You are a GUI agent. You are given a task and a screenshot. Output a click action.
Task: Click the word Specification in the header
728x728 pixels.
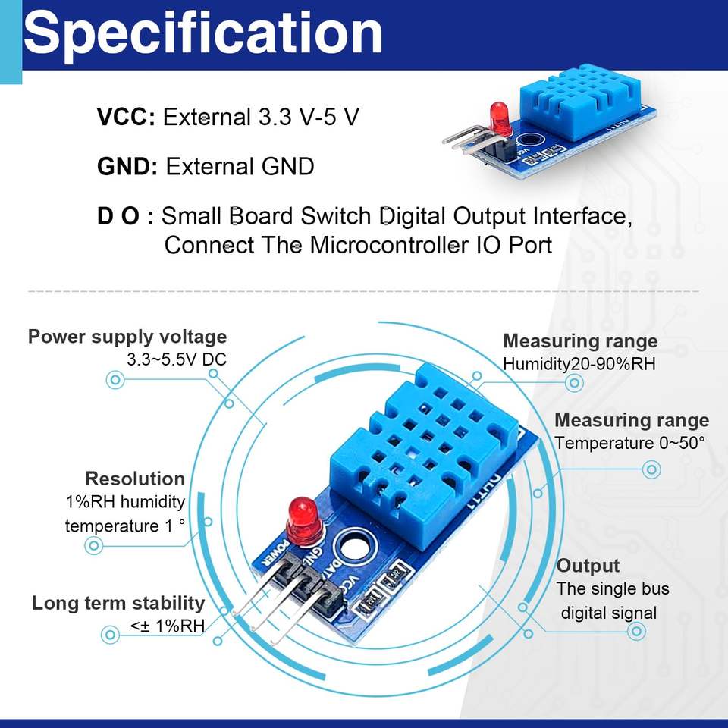point(203,34)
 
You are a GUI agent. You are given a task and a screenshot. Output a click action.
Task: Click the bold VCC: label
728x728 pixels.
point(126,116)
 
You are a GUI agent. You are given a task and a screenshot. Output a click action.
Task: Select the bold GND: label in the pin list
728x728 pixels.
point(127,166)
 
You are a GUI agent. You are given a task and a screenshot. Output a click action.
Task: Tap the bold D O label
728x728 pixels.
point(125,216)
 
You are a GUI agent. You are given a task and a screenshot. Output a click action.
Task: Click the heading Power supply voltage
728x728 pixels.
point(127,337)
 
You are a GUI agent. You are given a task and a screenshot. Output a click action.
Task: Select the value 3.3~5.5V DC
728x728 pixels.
point(177,359)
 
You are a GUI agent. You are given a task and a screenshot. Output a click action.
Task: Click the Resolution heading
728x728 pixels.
point(135,479)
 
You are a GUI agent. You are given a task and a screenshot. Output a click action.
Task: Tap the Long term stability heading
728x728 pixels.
point(118,604)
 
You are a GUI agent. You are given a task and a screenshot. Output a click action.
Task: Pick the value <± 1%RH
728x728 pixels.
point(167,626)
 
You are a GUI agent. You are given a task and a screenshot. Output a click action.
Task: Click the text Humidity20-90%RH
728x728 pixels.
point(579,364)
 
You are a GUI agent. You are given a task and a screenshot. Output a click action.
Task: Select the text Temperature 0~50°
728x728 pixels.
point(629,443)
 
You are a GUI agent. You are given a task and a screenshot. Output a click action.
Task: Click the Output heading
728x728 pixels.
point(588,566)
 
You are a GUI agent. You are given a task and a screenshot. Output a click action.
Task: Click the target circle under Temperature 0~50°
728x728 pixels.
point(651,469)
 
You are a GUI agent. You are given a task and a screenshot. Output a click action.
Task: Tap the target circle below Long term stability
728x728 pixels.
point(110,634)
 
